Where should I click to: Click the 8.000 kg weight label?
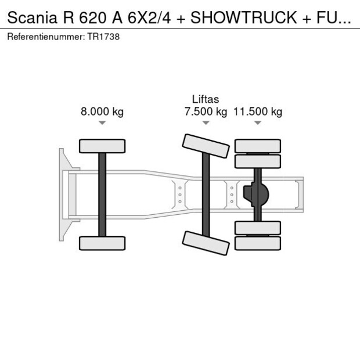click(102, 112)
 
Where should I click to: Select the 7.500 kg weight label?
click(205, 112)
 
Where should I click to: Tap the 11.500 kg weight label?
click(257, 112)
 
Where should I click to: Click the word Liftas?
click(205, 99)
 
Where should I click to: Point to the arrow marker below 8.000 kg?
click(102, 123)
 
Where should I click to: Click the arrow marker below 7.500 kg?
click(205, 123)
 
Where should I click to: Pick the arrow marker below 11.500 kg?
click(257, 123)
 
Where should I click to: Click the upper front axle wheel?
click(102, 146)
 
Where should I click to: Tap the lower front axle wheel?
click(102, 243)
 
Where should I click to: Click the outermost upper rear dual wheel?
click(257, 145)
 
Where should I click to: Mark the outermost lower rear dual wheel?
click(257, 243)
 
